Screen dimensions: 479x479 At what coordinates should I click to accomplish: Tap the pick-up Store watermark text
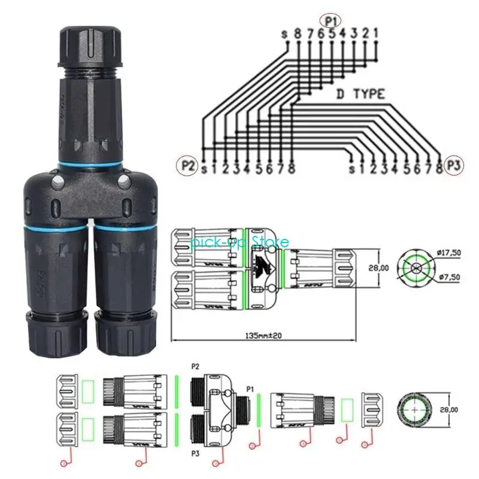239,242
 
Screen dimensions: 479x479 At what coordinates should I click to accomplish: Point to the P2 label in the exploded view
195,366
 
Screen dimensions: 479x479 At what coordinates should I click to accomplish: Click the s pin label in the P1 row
285,34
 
